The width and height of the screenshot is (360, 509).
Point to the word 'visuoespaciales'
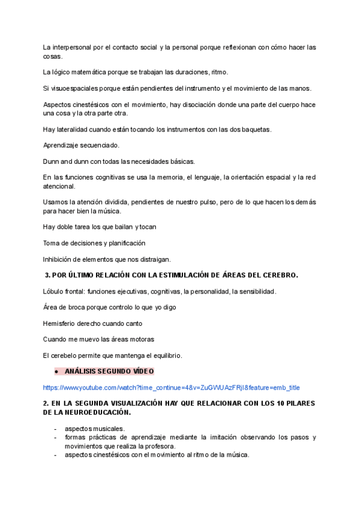click(74, 88)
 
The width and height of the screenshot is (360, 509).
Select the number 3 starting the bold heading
click(47, 276)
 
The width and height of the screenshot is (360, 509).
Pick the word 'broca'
click(78, 307)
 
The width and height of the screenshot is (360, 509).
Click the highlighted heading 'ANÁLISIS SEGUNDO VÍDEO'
click(109, 372)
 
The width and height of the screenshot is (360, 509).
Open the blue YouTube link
click(171, 388)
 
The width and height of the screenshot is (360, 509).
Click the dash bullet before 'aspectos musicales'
click(55, 429)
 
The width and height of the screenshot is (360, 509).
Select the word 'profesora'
click(158, 446)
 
